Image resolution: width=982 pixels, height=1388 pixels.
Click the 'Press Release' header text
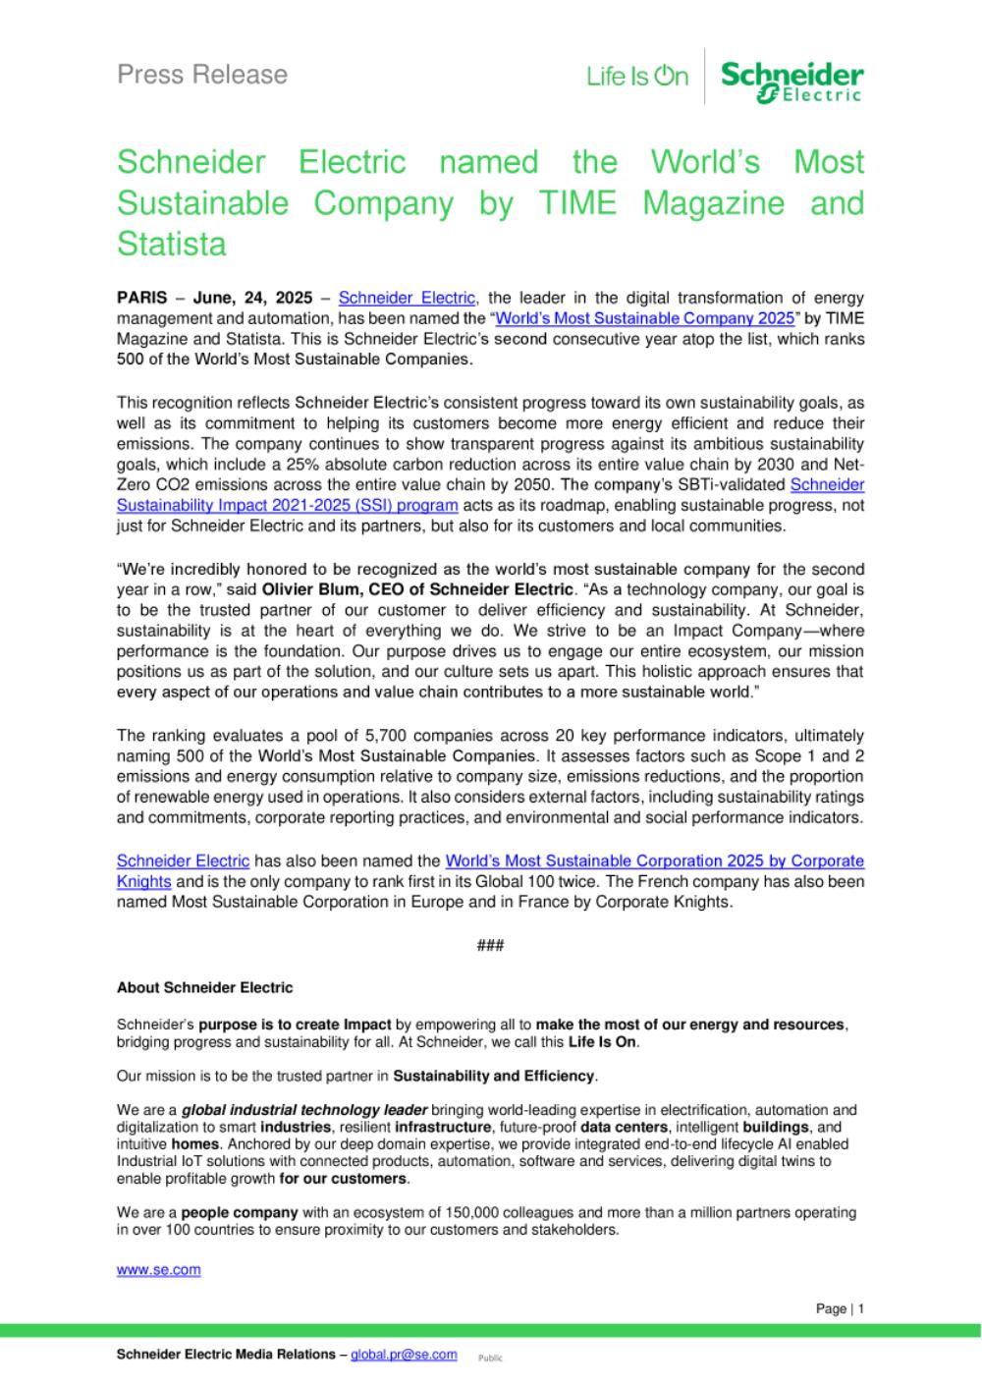(202, 75)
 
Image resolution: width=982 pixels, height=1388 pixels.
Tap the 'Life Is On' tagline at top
(637, 76)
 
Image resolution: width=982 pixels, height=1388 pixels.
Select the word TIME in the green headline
(576, 203)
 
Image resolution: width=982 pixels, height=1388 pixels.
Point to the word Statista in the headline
(171, 244)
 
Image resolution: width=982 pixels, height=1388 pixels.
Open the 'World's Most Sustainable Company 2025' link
(644, 318)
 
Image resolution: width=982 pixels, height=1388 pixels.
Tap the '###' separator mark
(490, 945)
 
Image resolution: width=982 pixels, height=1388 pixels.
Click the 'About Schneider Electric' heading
(204, 987)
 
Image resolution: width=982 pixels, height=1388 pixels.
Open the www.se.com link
(158, 1269)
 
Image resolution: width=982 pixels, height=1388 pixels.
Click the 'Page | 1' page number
(840, 1308)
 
